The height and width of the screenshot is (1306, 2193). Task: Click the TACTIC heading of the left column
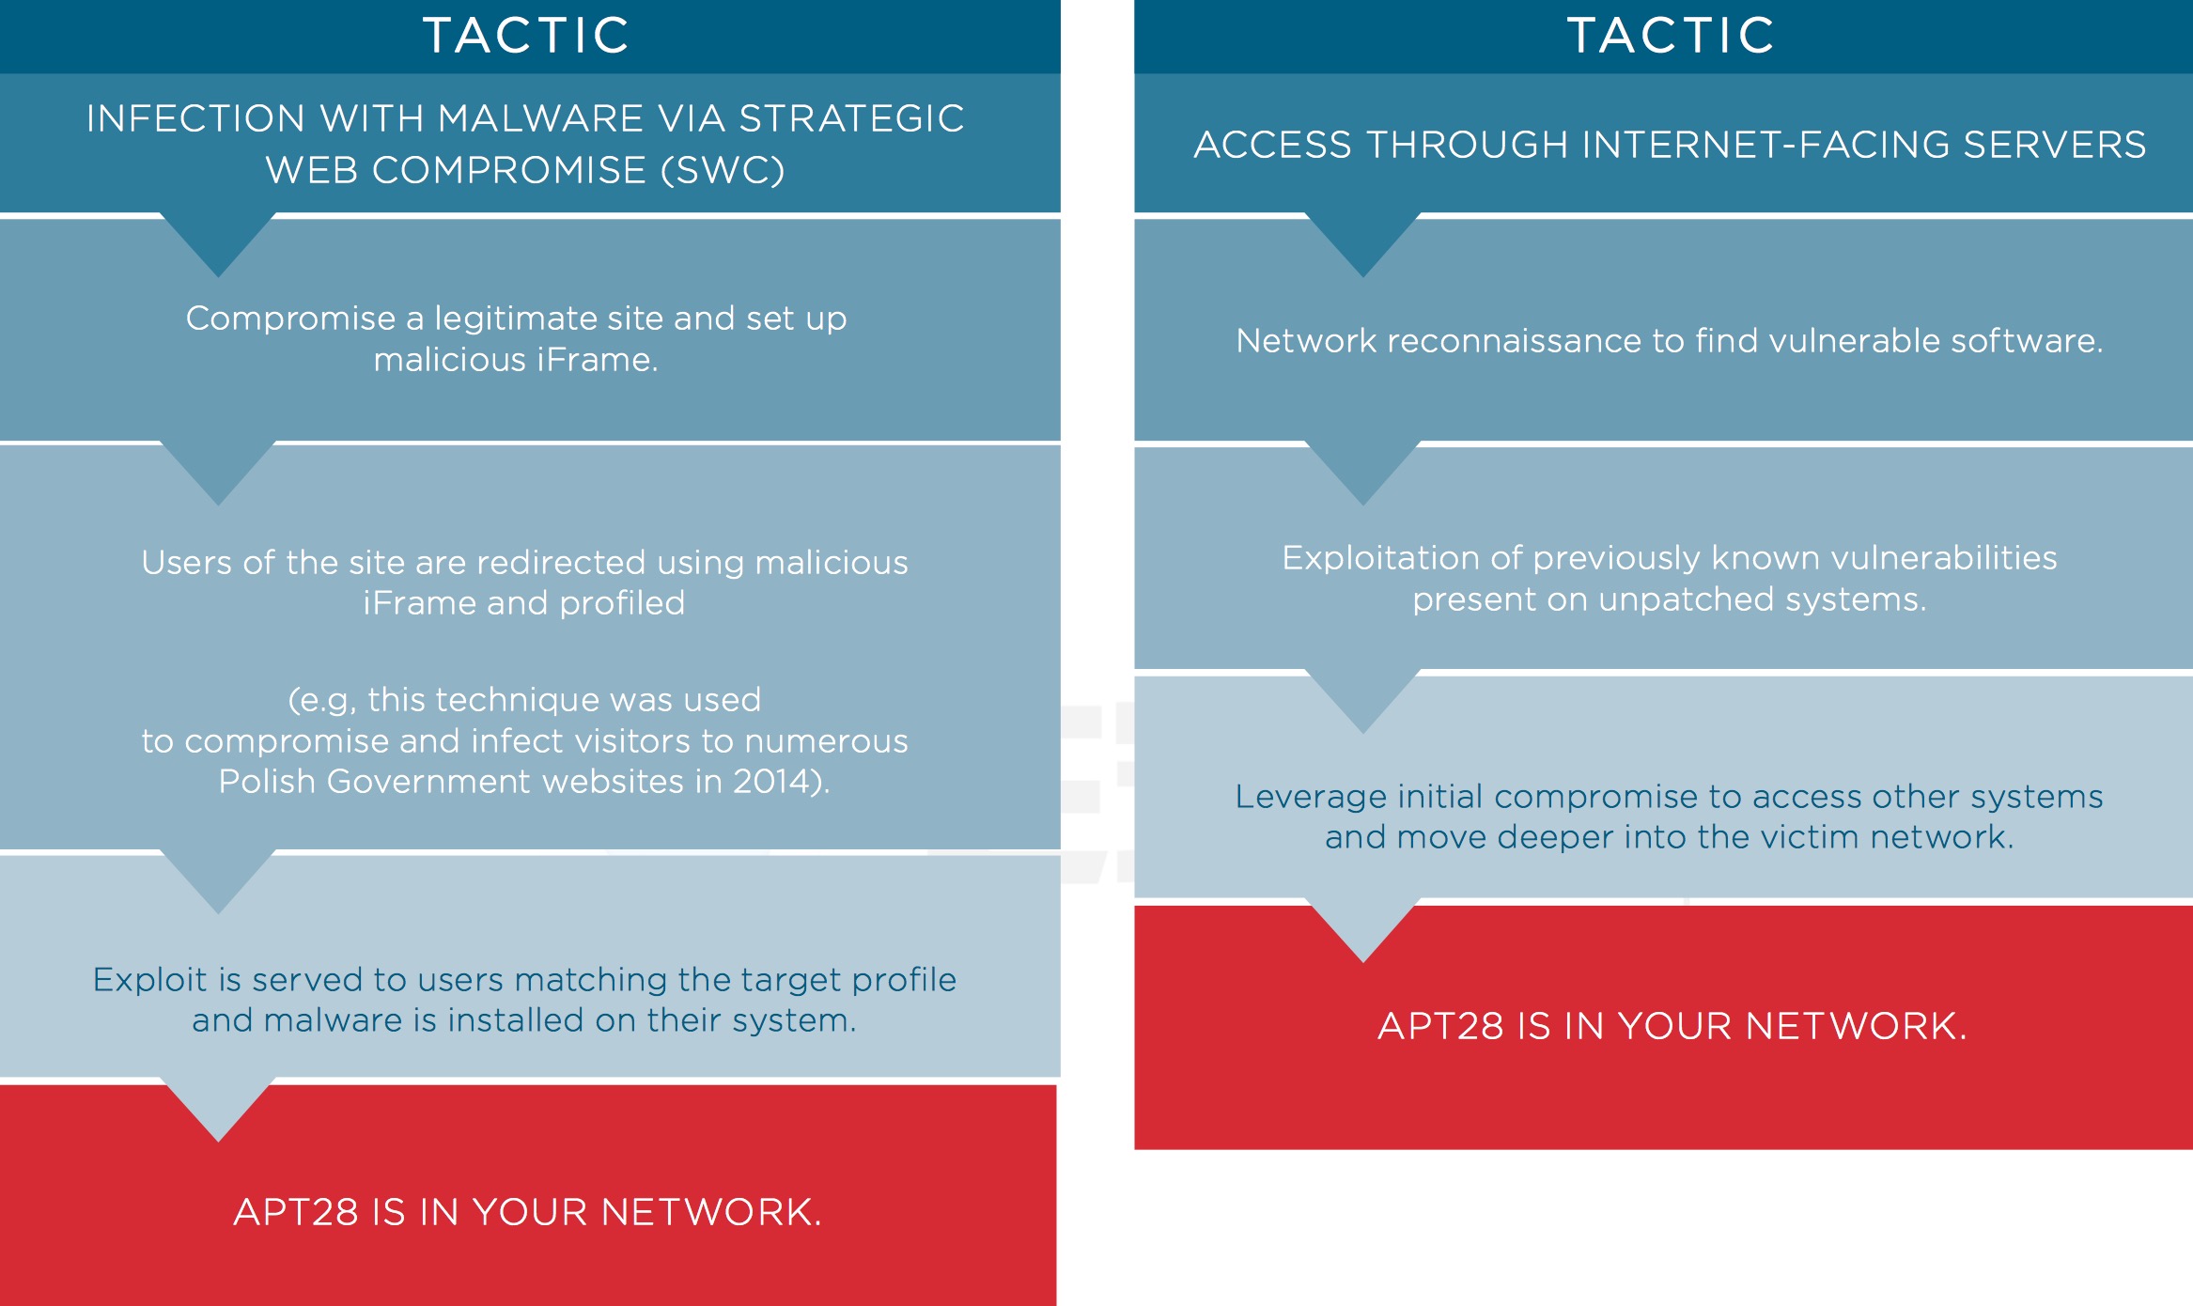click(x=526, y=36)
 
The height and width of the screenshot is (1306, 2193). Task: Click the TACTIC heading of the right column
click(x=1671, y=36)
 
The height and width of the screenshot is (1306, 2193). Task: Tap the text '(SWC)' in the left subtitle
click(x=723, y=170)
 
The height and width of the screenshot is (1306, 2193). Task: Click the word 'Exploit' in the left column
click(x=149, y=980)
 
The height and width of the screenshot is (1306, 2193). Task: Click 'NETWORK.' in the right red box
click(x=1856, y=1026)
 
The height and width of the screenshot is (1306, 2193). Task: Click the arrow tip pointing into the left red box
click(x=218, y=1142)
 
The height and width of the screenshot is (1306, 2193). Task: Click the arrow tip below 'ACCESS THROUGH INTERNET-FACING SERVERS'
click(x=1362, y=276)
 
